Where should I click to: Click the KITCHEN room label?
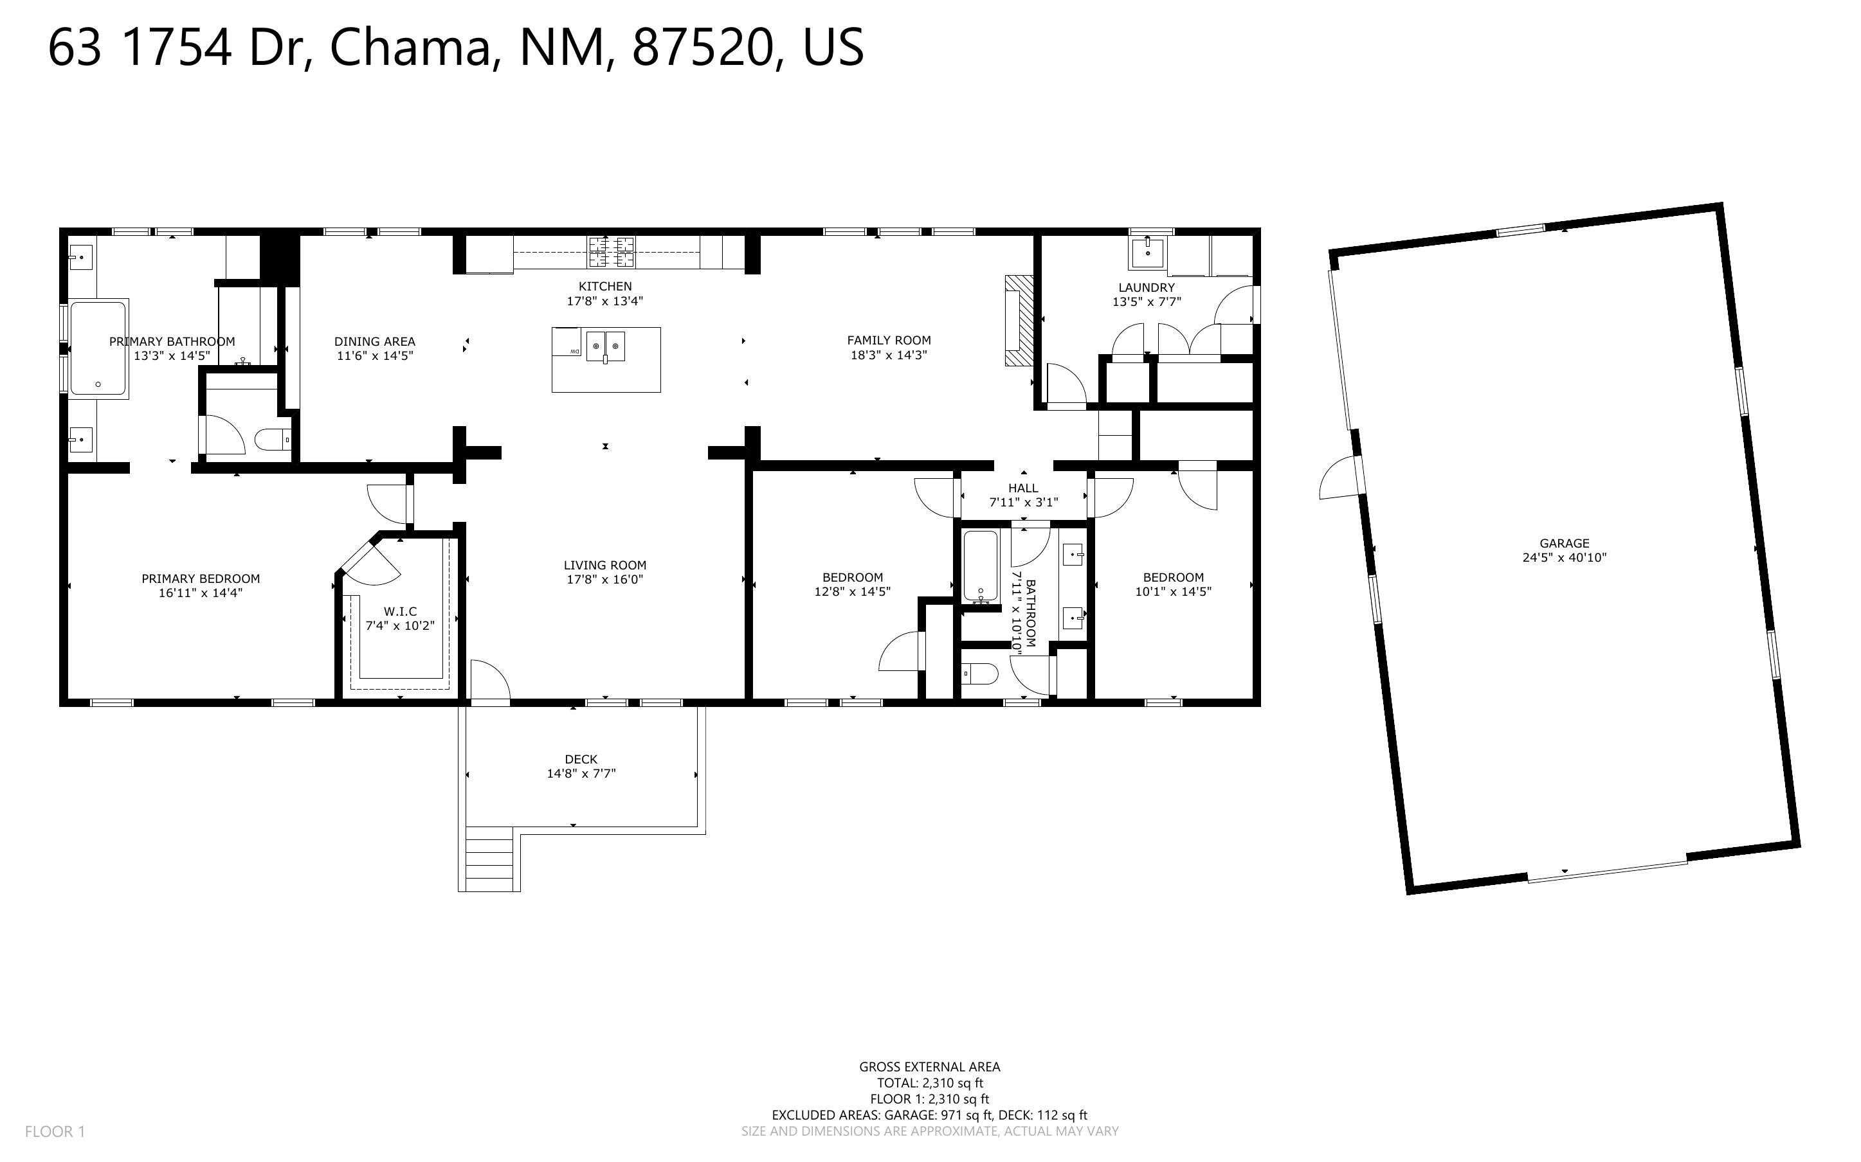(x=605, y=287)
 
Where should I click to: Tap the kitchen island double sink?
(x=605, y=346)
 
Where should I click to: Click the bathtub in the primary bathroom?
(x=98, y=348)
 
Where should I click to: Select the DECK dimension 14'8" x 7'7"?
(x=581, y=774)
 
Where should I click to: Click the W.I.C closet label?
(x=400, y=612)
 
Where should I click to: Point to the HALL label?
(x=1023, y=488)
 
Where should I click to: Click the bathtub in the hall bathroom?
(x=981, y=566)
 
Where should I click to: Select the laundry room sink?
(x=1148, y=252)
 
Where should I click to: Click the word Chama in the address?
(x=410, y=48)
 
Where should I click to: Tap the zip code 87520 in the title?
(x=702, y=48)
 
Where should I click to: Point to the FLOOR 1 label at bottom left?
(x=55, y=1131)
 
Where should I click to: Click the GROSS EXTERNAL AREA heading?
(x=929, y=1067)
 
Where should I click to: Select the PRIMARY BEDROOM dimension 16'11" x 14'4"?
(x=201, y=593)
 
